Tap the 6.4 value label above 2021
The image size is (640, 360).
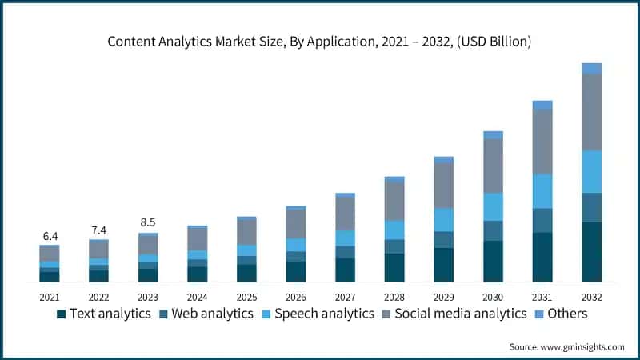click(x=50, y=236)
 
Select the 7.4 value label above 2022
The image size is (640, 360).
click(x=98, y=230)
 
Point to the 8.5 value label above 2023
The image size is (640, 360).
click(x=148, y=223)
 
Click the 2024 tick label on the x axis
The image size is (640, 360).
click(x=197, y=297)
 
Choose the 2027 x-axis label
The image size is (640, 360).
click(x=345, y=297)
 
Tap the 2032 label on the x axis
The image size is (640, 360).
click(x=591, y=297)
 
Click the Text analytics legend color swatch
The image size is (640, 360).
click(x=61, y=314)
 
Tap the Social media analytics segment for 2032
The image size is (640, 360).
click(x=591, y=112)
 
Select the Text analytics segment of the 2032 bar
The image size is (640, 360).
click(x=591, y=252)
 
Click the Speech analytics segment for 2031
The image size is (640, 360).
click(x=542, y=191)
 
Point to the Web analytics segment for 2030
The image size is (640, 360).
click(x=493, y=230)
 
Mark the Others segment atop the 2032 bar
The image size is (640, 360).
click(x=591, y=68)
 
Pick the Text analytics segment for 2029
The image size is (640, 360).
click(x=444, y=265)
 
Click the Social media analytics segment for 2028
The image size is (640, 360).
click(x=394, y=202)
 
